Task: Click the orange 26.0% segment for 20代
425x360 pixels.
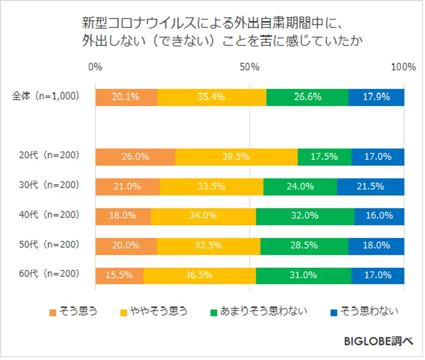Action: [135, 157]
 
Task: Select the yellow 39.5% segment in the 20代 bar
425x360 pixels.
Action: [236, 157]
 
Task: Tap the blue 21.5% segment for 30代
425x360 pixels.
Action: [370, 186]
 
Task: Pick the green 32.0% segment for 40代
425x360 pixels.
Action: [305, 215]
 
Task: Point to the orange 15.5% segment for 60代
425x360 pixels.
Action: [119, 275]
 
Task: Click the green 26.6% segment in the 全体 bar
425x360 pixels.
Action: [307, 97]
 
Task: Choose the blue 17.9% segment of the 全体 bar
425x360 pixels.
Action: [376, 97]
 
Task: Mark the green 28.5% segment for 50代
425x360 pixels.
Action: [304, 245]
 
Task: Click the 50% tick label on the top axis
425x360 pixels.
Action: [249, 67]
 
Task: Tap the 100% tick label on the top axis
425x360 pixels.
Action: [403, 67]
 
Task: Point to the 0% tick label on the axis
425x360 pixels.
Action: [95, 67]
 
